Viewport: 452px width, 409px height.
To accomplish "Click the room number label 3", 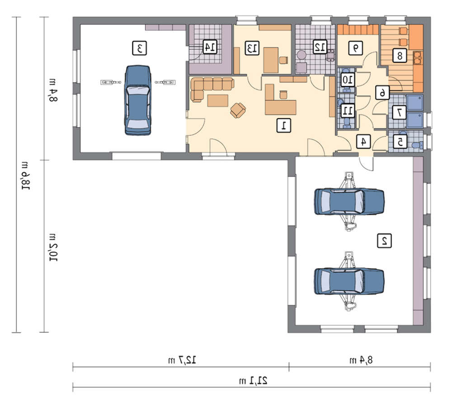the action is click(140, 48).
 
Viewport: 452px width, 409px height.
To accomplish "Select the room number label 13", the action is click(252, 48).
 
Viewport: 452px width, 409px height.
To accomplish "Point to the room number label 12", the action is click(320, 47).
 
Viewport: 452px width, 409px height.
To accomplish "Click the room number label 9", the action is click(356, 48).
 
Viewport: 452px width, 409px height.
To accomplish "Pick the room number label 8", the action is click(400, 55).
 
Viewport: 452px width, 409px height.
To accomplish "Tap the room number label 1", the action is click(284, 125).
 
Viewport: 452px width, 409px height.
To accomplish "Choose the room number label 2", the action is click(385, 241).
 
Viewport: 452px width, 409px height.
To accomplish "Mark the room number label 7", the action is click(399, 112).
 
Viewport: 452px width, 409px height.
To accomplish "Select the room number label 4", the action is click(363, 142).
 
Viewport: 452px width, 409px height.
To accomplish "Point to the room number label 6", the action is click(382, 92).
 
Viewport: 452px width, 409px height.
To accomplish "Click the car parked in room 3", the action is click(138, 100).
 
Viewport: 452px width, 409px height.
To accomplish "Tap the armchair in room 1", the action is click(238, 110).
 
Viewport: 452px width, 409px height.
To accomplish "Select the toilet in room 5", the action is click(417, 145).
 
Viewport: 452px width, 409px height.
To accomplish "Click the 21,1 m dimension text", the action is click(253, 380).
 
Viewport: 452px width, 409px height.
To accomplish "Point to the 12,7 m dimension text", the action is click(182, 360).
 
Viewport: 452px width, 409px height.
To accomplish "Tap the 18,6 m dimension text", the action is click(24, 176).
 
